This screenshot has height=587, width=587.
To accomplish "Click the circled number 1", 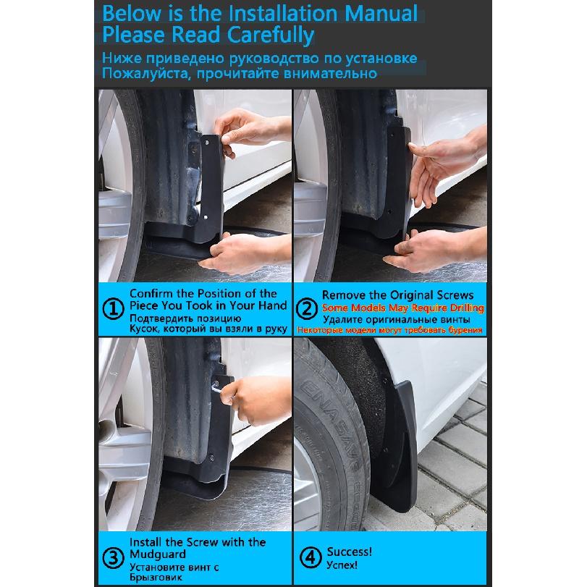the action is pos(113,309).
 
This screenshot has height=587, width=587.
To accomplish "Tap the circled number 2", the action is pos(307,309).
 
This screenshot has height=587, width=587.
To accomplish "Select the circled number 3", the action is pos(113,558).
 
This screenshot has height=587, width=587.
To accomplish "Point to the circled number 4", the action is pos(311,557).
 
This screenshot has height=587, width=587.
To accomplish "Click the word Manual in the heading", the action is pos(381,14).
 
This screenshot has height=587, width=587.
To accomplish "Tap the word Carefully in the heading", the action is pos(271,35).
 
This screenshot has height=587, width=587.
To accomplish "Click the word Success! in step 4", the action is pos(350,552).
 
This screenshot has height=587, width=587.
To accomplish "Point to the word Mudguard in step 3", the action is pos(158,554).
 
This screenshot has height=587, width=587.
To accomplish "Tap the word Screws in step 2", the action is pos(454,295).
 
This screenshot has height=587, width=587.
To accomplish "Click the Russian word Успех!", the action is pos(342,565).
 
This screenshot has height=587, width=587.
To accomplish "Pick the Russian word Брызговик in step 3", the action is pos(156,578).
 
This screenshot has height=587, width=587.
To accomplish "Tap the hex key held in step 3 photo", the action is pos(218,388).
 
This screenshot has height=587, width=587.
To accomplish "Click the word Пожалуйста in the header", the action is pos(144,73).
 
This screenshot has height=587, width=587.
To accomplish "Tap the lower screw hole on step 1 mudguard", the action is pos(206,216).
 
